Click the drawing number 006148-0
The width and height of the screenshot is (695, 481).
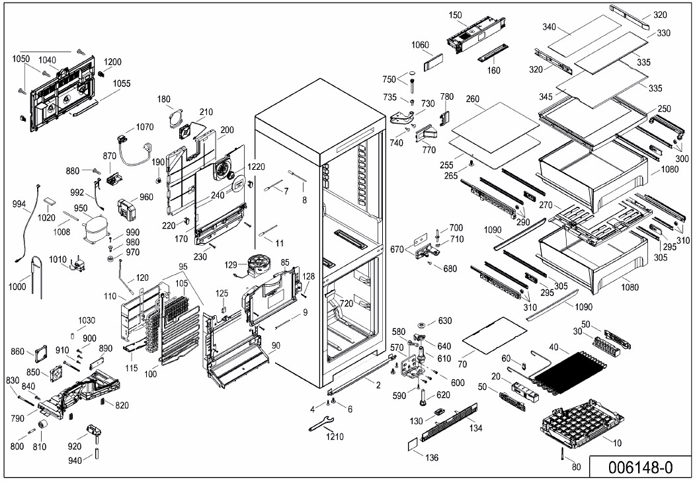tap(639, 466)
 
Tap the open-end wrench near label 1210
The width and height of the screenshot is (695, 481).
tap(322, 424)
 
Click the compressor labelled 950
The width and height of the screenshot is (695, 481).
tap(93, 229)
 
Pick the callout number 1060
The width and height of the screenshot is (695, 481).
tap(419, 46)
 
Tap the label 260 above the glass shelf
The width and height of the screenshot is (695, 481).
tap(472, 100)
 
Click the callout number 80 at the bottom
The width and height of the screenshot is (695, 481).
tap(576, 467)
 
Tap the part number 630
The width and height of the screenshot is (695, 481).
tap(444, 321)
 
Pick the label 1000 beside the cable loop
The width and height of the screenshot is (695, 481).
tap(19, 287)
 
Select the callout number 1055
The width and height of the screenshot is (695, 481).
tap(121, 83)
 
